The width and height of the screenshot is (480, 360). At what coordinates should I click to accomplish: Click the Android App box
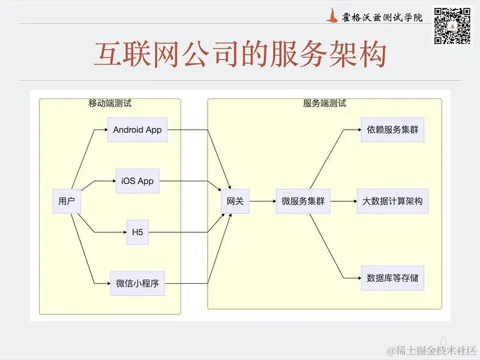pos(137,130)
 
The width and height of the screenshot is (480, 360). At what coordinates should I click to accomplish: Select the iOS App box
pos(137,181)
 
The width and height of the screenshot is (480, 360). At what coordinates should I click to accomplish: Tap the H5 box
pos(137,233)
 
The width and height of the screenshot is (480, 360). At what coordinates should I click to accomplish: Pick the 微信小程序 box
pos(137,284)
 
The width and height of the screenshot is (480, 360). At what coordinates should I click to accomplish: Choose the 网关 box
pos(235,202)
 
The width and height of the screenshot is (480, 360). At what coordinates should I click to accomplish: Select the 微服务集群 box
pos(303,202)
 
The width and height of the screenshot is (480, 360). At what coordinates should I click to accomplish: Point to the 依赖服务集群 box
pos(392,130)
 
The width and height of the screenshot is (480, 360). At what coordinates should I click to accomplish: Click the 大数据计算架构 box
pos(392,202)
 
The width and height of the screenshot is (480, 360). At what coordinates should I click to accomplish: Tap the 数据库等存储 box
pos(392,278)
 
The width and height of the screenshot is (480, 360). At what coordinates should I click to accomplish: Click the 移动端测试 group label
pos(110,103)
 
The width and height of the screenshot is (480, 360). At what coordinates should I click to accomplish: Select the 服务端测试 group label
pos(325,103)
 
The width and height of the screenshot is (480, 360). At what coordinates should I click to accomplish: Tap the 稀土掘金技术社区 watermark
pos(431,350)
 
